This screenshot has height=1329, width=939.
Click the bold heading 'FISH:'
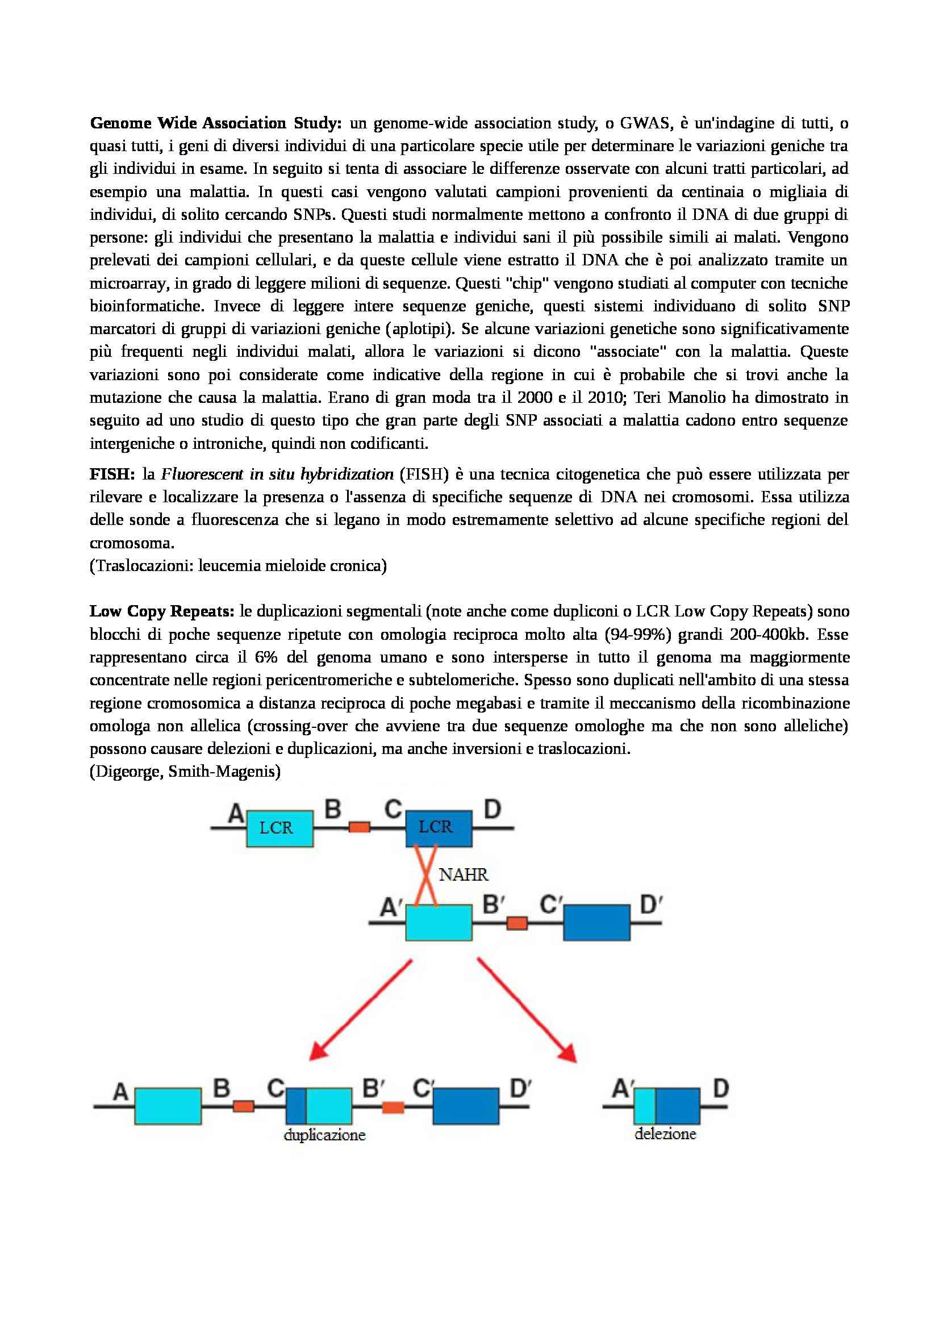112,474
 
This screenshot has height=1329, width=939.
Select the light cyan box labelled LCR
279,828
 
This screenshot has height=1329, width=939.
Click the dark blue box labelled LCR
438,827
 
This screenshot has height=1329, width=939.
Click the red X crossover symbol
426,875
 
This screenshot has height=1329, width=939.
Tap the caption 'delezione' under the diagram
665,1134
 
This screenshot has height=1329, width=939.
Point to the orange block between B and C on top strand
358,827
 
